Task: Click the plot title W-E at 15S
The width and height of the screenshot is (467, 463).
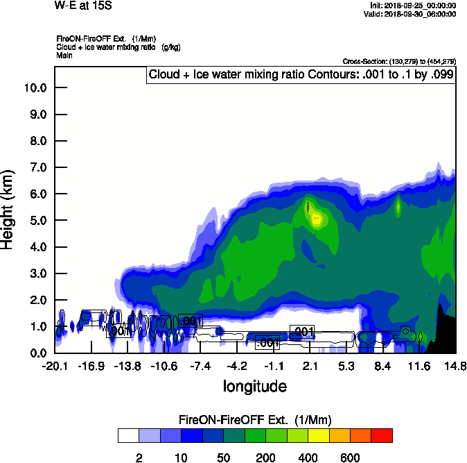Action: coord(84,6)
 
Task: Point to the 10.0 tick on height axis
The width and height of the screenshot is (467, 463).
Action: coord(35,88)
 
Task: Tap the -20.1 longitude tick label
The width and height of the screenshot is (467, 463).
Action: coord(55,365)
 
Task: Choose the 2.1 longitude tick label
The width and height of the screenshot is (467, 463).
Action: coord(310,365)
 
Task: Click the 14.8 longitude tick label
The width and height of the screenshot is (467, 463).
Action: coord(455,365)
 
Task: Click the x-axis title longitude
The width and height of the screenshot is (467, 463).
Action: coord(254,385)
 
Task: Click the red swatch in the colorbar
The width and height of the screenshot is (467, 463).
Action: coord(381,435)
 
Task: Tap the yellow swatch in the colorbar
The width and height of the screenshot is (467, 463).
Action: coord(318,435)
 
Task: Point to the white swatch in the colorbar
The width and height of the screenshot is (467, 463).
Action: coord(128,435)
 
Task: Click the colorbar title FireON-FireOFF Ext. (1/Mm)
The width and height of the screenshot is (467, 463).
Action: coord(255,420)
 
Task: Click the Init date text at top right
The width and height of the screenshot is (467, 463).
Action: coord(413,6)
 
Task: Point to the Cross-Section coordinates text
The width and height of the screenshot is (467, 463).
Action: coord(399,61)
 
